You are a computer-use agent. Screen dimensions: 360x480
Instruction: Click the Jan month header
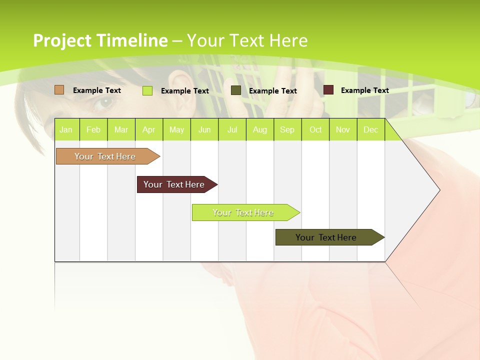click(66, 129)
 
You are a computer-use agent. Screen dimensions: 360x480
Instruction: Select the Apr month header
click(149, 129)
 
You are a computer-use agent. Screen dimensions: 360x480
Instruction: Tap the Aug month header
click(260, 129)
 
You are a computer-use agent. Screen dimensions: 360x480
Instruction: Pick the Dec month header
click(370, 129)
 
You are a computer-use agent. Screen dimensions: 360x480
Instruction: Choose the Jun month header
click(204, 129)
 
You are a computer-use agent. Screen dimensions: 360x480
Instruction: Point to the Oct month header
click(315, 129)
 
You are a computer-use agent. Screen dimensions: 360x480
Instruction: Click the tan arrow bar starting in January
click(105, 156)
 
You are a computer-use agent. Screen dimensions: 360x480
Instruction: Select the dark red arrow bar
click(174, 184)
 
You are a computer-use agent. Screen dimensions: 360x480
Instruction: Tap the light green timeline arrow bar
click(243, 212)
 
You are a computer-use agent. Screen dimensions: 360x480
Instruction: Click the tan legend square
click(59, 90)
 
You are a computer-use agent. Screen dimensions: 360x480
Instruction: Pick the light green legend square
click(147, 90)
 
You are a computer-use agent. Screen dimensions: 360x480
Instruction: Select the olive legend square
click(236, 90)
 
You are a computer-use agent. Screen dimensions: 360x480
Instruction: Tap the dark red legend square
click(328, 90)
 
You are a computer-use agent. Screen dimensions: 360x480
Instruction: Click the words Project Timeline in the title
click(100, 40)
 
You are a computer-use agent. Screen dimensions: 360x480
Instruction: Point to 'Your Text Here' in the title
click(247, 40)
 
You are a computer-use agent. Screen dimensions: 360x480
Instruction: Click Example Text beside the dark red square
click(364, 90)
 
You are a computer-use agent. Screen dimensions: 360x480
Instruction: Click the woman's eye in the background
click(105, 102)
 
